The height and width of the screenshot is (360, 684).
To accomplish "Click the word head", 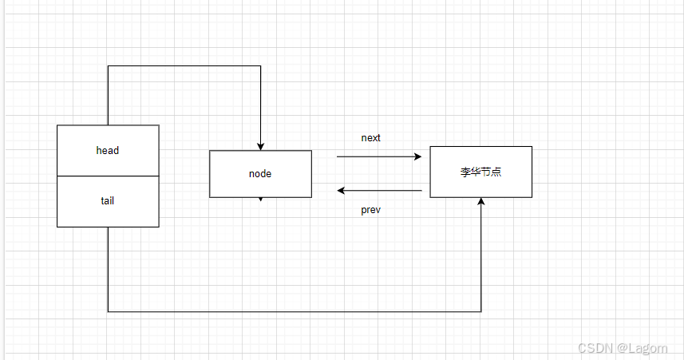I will pyautogui.click(x=108, y=150).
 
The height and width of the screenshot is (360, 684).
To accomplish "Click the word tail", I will pyautogui.click(x=108, y=201).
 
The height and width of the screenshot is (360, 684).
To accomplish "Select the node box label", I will pyautogui.click(x=260, y=173).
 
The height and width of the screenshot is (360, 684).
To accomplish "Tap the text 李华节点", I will pyautogui.click(x=480, y=172).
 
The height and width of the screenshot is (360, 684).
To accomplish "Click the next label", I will pyautogui.click(x=371, y=137).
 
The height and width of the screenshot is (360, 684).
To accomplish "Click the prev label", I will pyautogui.click(x=371, y=210).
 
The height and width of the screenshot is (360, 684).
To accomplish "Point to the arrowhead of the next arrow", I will pyautogui.click(x=417, y=157).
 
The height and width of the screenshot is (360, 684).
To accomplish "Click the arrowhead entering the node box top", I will pyautogui.click(x=260, y=146).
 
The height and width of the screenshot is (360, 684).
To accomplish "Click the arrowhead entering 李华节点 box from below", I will pyautogui.click(x=481, y=203).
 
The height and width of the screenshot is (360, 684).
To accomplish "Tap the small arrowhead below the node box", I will pyautogui.click(x=260, y=200).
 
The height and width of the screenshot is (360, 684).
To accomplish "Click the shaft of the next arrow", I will pyautogui.click(x=375, y=157).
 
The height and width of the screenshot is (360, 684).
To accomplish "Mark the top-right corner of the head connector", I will pyautogui.click(x=260, y=66).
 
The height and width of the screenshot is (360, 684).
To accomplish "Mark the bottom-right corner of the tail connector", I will pyautogui.click(x=481, y=311).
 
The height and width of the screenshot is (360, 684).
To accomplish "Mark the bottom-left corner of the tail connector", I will pyautogui.click(x=108, y=311).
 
